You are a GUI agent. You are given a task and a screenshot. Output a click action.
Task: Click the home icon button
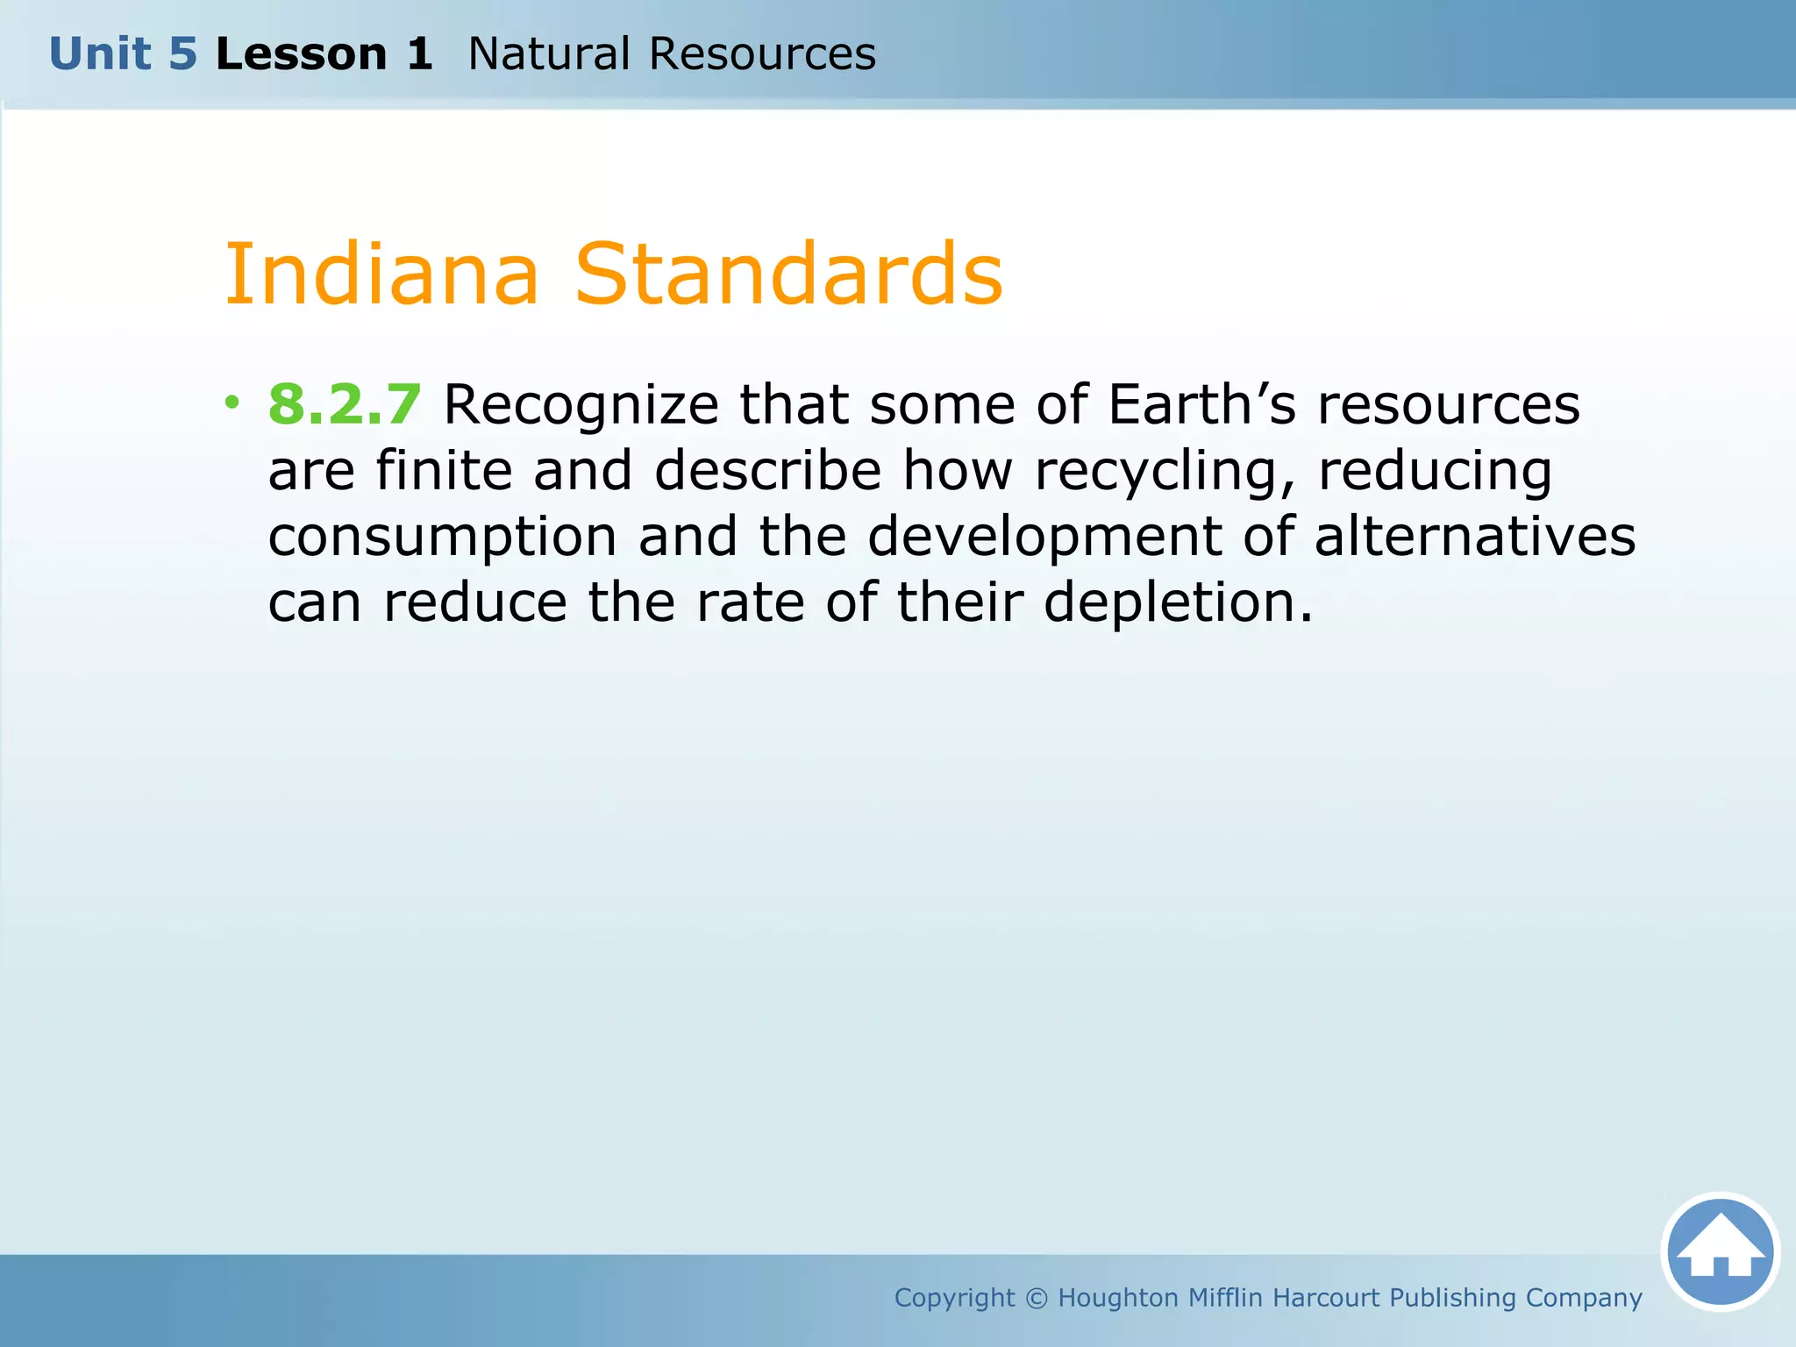tap(1720, 1252)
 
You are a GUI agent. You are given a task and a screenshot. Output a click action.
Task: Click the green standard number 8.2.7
tap(345, 405)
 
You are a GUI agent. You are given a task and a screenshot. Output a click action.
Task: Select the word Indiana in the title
tap(381, 274)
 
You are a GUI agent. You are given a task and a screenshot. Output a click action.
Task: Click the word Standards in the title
tap(788, 274)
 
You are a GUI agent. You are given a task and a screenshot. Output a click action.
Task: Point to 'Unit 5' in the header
tap(123, 54)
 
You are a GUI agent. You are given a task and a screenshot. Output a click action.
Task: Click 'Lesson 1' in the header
tap(324, 54)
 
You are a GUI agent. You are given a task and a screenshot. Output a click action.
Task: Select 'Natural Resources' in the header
tap(672, 54)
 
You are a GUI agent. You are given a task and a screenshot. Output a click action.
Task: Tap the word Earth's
tap(1201, 405)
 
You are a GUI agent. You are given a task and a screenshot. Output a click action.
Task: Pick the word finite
tap(444, 471)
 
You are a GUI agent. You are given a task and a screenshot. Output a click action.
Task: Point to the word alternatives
tap(1475, 537)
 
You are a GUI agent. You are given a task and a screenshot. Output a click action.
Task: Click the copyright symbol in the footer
tap(1037, 1298)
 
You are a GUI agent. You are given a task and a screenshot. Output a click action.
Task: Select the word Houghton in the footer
tap(1118, 1298)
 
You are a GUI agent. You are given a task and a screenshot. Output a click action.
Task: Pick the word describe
tap(767, 471)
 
